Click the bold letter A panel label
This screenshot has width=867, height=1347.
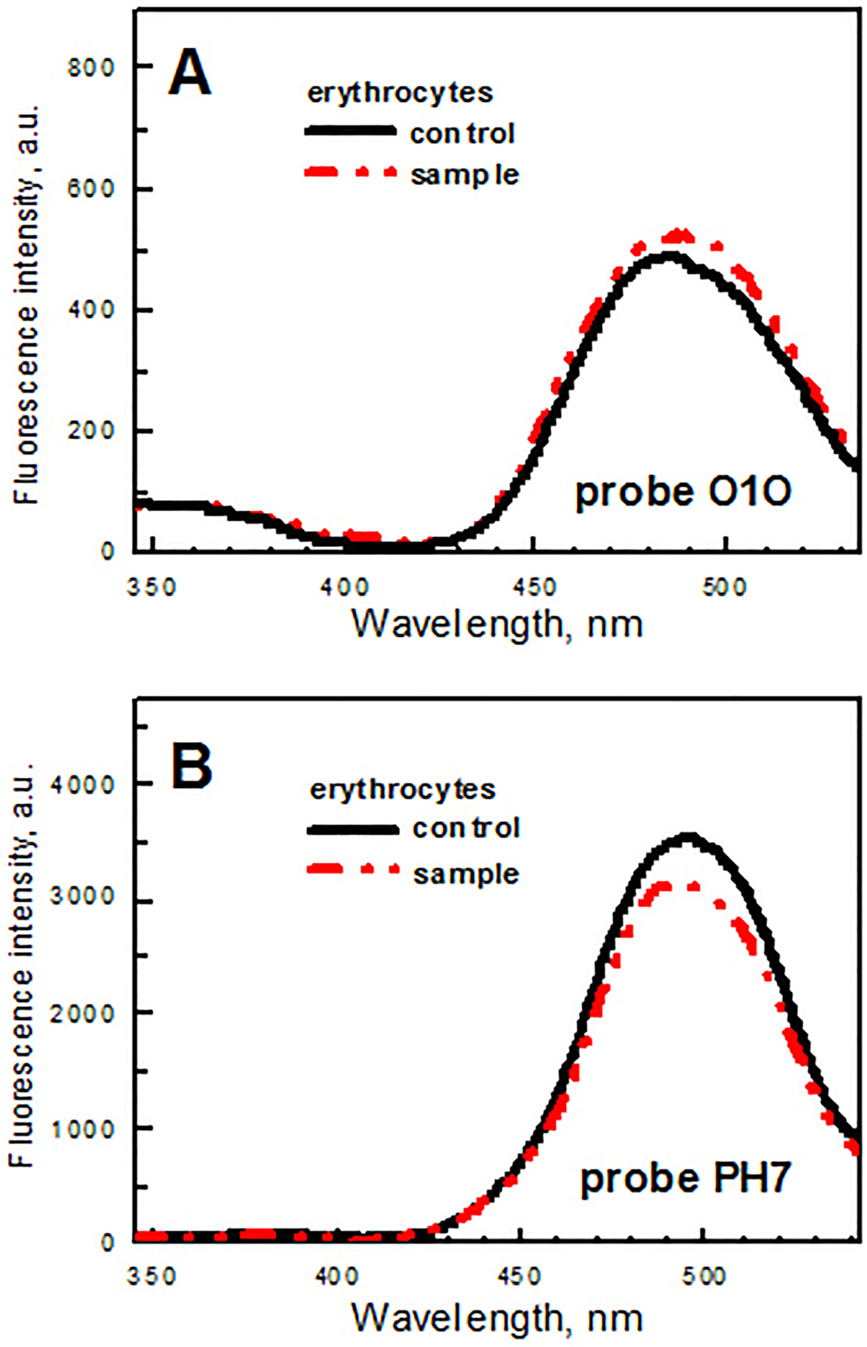190,74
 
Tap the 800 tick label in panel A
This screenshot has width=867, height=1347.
91,68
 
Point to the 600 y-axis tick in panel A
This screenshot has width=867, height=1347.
91,188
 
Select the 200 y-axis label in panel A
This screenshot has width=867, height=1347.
91,431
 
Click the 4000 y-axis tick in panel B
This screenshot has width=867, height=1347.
84,785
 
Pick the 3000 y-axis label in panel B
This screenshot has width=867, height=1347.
84,896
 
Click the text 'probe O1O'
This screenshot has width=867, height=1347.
683,491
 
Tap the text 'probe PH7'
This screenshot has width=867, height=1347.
685,1178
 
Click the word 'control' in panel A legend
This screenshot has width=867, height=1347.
463,133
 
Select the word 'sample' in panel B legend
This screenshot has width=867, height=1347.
466,874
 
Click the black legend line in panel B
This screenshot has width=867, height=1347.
352,829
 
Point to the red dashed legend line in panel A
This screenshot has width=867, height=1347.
350,173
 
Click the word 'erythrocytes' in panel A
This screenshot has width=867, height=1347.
400,93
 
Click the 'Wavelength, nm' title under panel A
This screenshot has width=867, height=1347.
497,623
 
